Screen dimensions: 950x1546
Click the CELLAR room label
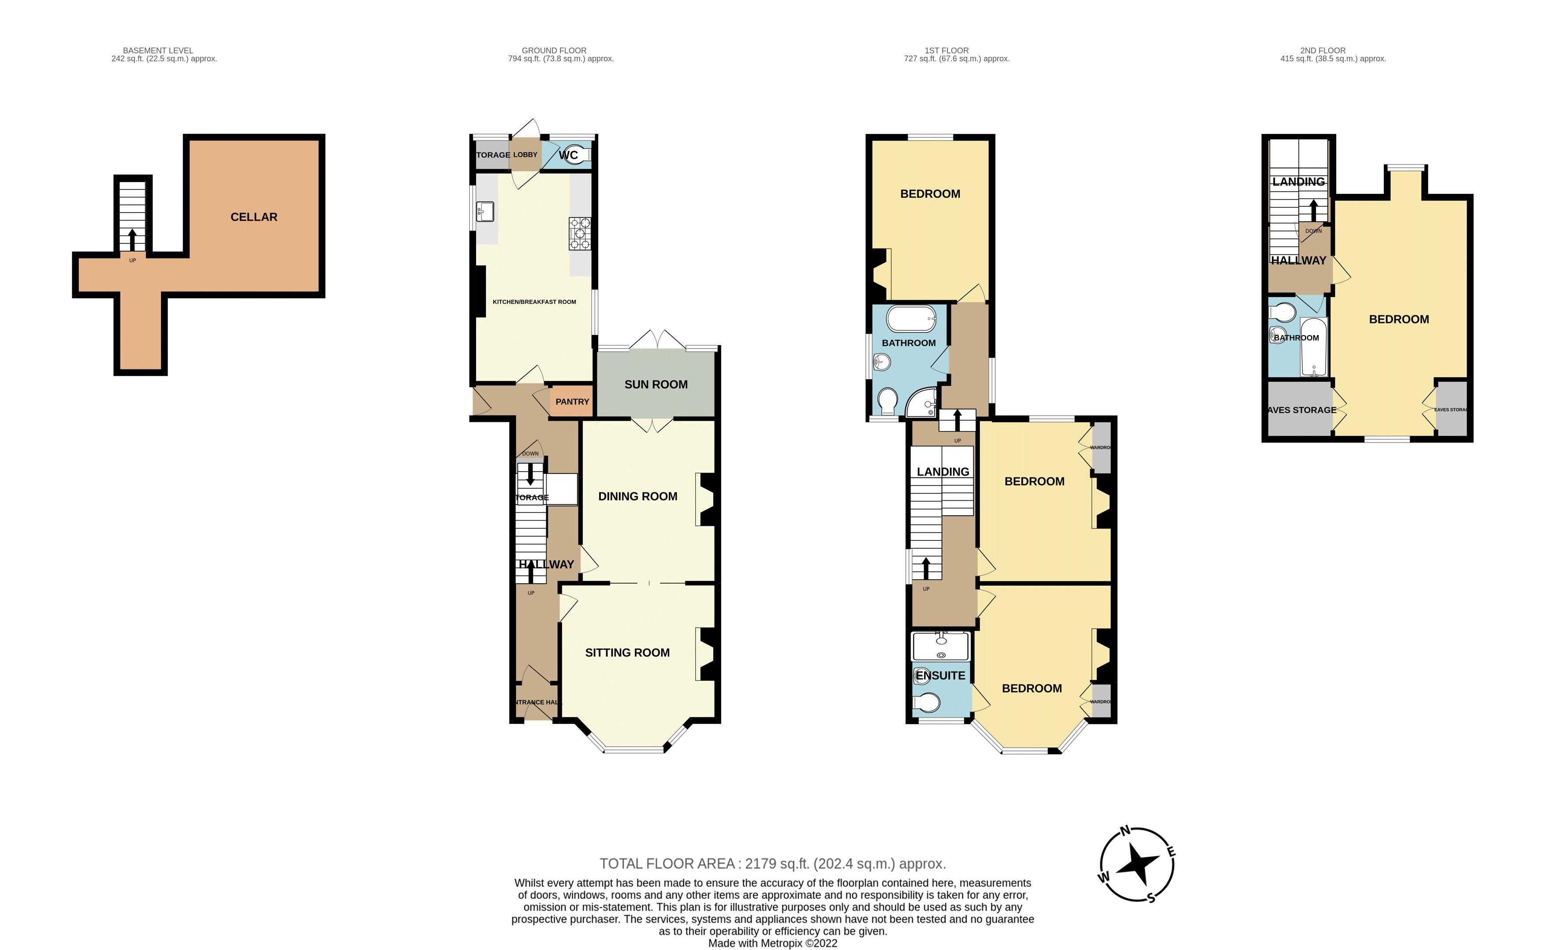tap(254, 217)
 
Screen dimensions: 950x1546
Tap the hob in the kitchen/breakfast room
tap(579, 233)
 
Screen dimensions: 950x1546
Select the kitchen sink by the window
tap(485, 211)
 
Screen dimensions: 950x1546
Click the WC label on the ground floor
tap(568, 155)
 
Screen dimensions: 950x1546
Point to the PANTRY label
tap(572, 402)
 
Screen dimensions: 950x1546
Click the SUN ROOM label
tap(656, 384)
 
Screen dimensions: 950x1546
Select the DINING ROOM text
tap(637, 496)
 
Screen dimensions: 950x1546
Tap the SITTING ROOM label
tap(627, 653)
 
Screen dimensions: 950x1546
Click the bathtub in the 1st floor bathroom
tap(911, 319)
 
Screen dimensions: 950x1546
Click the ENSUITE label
tap(940, 675)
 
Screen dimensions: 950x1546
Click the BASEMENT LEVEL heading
tap(158, 50)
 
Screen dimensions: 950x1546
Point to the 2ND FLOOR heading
tap(1322, 50)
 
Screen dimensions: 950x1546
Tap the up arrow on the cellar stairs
tap(132, 239)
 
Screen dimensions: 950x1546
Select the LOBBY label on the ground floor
tap(525, 155)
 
